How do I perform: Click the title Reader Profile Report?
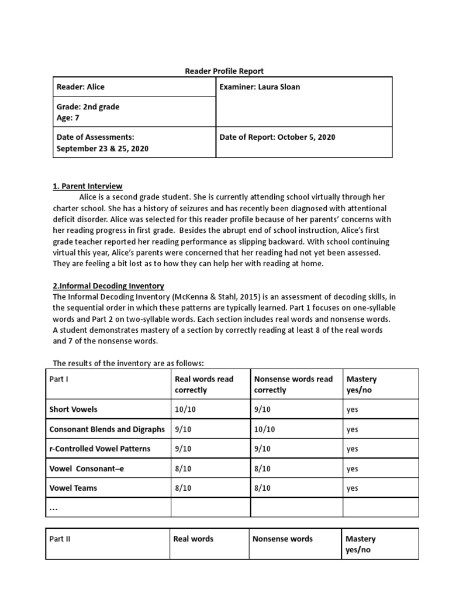[224, 71]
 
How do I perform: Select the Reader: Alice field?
[80, 87]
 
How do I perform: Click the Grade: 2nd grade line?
[88, 107]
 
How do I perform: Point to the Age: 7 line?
[68, 118]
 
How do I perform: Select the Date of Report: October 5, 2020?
[277, 137]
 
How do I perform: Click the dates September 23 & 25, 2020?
[102, 149]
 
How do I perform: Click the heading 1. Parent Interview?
[88, 186]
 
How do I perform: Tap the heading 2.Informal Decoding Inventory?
[109, 286]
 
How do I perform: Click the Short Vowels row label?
[73, 409]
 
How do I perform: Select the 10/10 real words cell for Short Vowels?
[185, 409]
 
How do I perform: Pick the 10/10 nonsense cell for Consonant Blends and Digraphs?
[264, 429]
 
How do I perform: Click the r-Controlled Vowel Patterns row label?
[99, 449]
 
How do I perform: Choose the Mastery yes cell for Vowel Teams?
[352, 488]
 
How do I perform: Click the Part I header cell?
[58, 379]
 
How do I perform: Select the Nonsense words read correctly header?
[293, 384]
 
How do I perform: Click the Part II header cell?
[60, 539]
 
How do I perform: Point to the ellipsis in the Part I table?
[54, 508]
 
